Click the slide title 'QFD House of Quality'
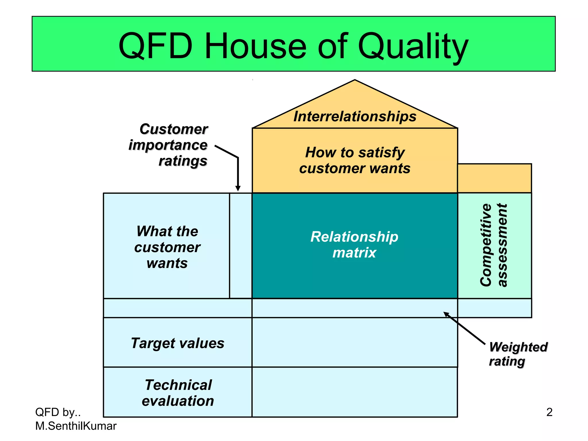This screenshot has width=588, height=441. (x=293, y=46)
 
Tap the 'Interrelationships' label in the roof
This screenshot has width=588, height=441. (x=355, y=117)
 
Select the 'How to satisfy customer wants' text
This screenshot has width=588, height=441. (x=355, y=160)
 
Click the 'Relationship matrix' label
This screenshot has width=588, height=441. (x=355, y=245)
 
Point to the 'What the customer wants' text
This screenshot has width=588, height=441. (x=167, y=247)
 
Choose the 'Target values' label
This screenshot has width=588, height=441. (x=178, y=343)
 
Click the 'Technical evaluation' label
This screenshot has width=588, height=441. (x=178, y=392)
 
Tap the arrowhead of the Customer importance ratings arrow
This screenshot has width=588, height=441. (x=238, y=189)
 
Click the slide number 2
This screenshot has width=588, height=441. (x=549, y=412)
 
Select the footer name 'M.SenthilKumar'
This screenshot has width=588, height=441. (x=76, y=426)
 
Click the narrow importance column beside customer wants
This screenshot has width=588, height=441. (x=241, y=245)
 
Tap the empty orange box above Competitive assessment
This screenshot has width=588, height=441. (x=494, y=178)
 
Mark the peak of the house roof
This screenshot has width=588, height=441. (x=355, y=81)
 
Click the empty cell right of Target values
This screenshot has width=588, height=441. (x=355, y=342)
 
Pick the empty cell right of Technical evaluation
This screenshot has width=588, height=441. (x=355, y=392)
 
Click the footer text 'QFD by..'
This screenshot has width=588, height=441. (x=58, y=412)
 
